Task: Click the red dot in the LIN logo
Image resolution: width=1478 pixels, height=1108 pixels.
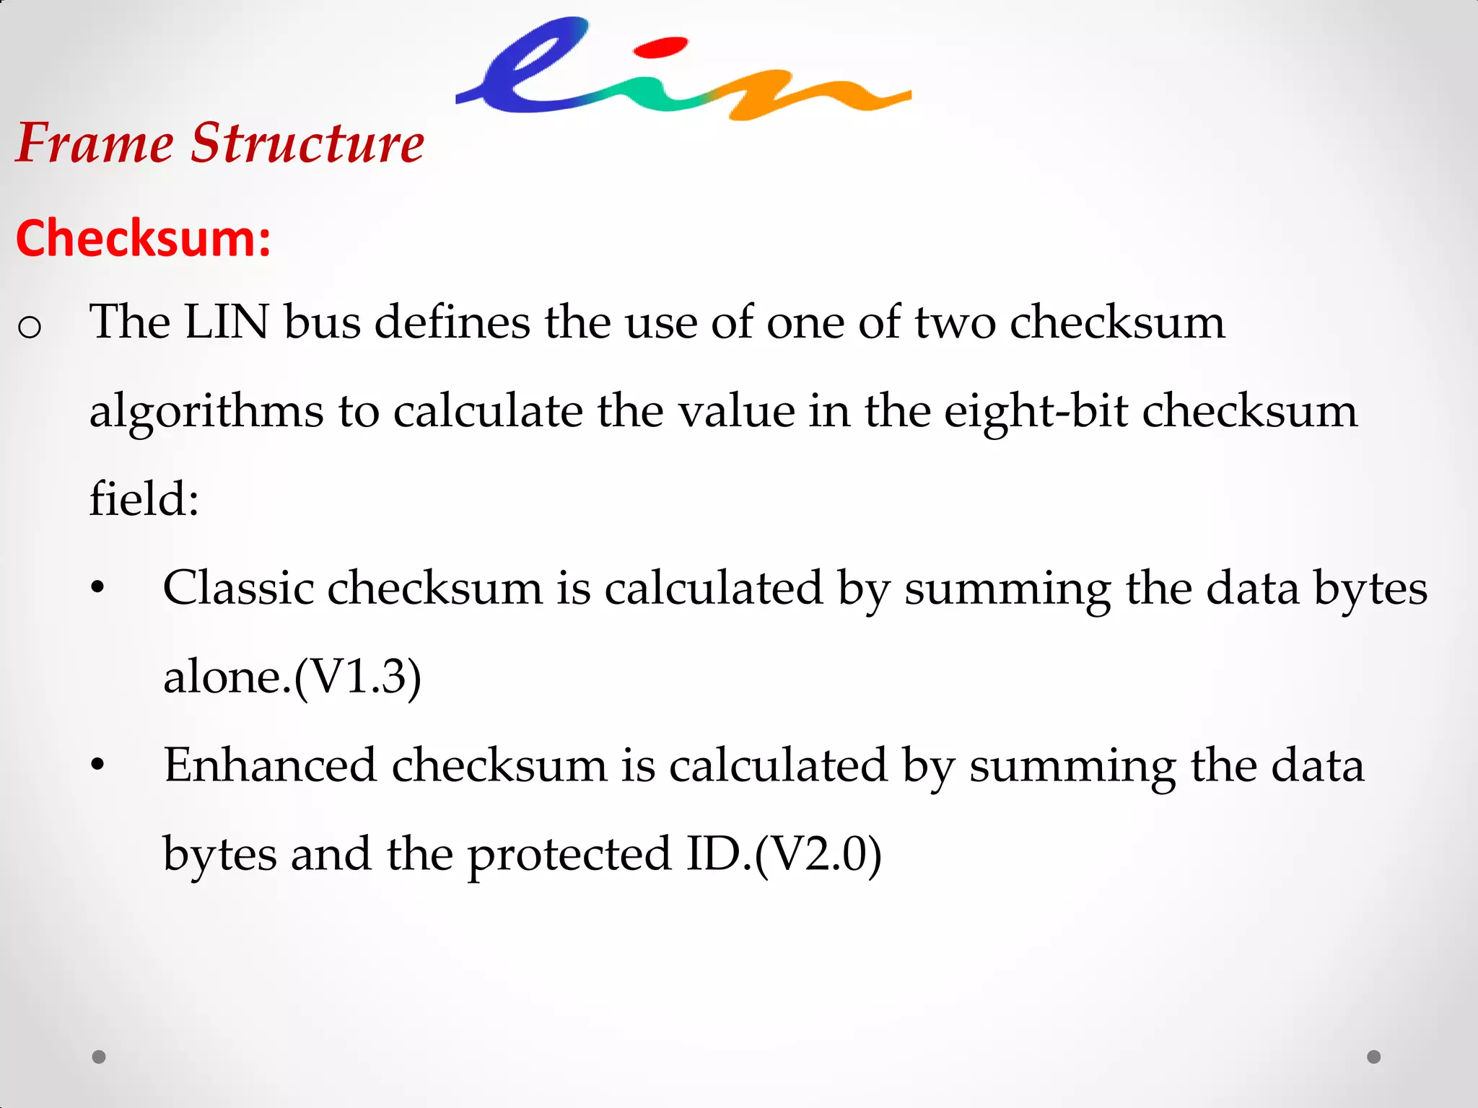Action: click(660, 48)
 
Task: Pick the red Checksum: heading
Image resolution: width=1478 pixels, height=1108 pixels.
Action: click(144, 238)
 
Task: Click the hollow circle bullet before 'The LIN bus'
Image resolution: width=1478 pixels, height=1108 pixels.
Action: click(30, 327)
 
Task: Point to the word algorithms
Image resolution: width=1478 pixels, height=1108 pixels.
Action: click(206, 411)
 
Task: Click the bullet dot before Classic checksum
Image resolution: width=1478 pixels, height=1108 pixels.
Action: click(98, 588)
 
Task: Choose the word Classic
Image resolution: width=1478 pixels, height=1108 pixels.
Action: click(238, 588)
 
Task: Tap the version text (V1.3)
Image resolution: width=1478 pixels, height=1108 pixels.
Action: click(358, 677)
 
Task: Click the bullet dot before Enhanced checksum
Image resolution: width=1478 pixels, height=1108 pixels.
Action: click(98, 765)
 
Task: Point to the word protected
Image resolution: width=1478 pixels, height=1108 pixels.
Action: click(569, 855)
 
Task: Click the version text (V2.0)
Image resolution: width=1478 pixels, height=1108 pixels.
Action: click(818, 855)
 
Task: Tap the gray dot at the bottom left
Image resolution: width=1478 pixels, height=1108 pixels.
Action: click(99, 1057)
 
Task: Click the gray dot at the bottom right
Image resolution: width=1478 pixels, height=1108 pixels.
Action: click(1374, 1057)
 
